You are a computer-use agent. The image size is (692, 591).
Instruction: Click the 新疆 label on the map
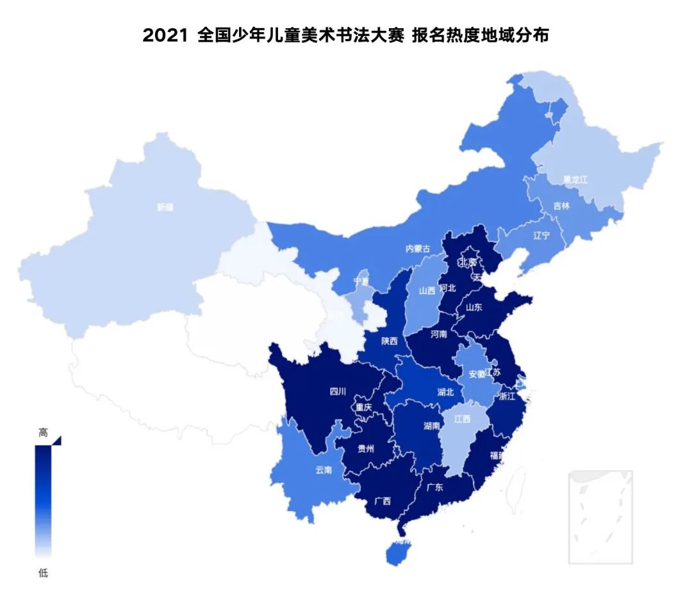[x=165, y=207]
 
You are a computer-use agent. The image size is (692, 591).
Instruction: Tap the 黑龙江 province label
[x=575, y=180]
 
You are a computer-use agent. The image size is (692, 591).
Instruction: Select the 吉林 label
[x=561, y=206]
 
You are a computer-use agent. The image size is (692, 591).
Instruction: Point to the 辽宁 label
[x=541, y=235]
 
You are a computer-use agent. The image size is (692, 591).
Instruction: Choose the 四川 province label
[x=338, y=391]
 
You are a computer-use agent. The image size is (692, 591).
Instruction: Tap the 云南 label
[x=324, y=470]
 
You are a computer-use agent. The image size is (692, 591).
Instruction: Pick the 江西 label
[x=462, y=419]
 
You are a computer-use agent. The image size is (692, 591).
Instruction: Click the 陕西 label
[x=389, y=341]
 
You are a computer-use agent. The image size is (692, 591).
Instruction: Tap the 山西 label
[x=427, y=290]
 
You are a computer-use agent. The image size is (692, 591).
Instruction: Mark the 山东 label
[x=474, y=307]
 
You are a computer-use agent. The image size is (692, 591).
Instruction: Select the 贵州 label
[x=366, y=449]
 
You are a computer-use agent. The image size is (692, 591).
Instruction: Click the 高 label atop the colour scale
[x=43, y=433]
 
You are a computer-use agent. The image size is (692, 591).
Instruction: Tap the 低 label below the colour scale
[x=43, y=572]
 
